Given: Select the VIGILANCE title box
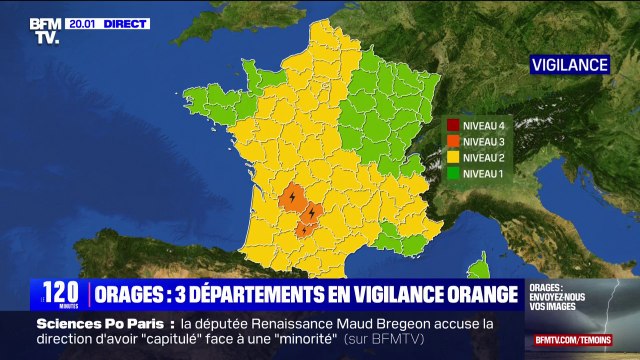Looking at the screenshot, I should point(570,64).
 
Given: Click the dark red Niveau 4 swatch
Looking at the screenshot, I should point(453,126).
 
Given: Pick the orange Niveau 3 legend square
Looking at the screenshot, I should point(453,141).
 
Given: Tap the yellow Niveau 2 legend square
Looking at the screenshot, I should point(453,157).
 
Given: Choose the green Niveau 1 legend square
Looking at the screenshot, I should point(453,172).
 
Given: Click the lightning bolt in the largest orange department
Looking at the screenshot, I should point(291,198).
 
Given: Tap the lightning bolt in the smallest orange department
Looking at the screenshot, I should point(301,230).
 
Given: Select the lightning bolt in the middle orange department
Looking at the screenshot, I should point(313,213).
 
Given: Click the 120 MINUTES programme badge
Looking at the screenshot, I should point(60,294).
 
